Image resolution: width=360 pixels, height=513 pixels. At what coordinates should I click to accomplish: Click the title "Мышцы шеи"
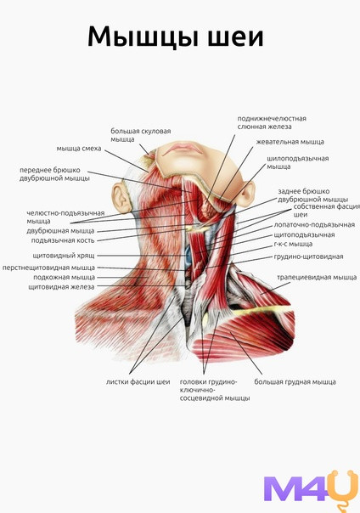point(175,37)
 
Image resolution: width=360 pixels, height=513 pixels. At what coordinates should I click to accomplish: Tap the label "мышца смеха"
point(79,149)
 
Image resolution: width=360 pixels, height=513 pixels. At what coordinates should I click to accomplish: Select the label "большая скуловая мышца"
point(141,135)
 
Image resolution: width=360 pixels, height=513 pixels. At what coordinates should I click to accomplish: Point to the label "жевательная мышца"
point(290,142)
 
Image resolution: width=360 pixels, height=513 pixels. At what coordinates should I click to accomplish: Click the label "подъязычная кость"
point(63,240)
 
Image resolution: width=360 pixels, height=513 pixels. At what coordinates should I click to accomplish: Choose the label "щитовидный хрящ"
point(64,256)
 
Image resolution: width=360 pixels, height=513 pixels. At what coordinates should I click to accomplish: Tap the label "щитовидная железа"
point(61,287)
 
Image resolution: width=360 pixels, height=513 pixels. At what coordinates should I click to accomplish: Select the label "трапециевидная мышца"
point(317,278)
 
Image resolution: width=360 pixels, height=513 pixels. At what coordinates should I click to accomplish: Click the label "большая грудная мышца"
point(295,382)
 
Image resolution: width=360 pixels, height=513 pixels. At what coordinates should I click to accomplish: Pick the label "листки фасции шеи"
point(138,382)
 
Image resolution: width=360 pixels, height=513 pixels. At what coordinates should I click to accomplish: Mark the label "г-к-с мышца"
point(293,244)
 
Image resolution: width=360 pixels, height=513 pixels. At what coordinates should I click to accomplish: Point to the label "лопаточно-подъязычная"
point(314,225)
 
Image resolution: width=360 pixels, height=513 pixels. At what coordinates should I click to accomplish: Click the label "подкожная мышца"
point(64,278)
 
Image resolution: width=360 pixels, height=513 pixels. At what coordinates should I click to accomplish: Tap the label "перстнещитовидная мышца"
point(48,268)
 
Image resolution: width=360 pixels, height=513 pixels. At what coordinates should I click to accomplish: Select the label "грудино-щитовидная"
point(308,256)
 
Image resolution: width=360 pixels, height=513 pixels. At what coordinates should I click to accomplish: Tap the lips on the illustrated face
point(183,149)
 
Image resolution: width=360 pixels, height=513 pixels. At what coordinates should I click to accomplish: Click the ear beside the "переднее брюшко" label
point(121,197)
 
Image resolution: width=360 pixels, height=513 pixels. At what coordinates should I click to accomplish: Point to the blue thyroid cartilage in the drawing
point(188,255)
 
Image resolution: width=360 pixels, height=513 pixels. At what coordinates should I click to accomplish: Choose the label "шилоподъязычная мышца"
point(297,162)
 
